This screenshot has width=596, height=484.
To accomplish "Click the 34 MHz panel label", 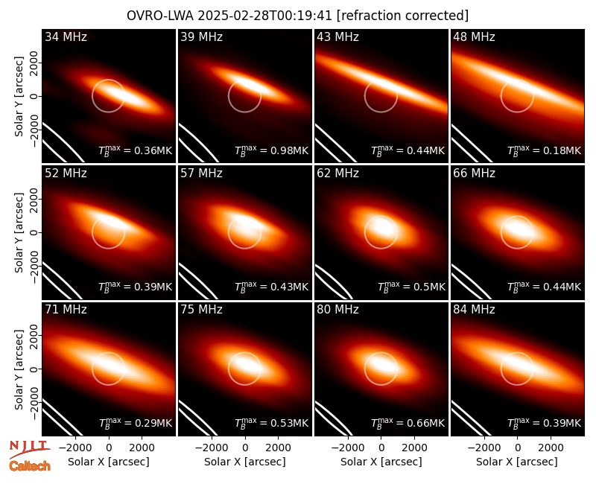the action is pyautogui.click(x=66, y=36).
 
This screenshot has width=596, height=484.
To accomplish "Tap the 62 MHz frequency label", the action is pyautogui.click(x=337, y=173).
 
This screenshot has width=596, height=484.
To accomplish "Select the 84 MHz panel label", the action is pyautogui.click(x=474, y=310).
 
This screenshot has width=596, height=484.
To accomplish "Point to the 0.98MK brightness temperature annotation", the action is pyautogui.click(x=271, y=150).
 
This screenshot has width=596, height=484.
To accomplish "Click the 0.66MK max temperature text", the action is pyautogui.click(x=408, y=423).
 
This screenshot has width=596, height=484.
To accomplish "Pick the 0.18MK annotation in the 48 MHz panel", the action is pyautogui.click(x=545, y=150).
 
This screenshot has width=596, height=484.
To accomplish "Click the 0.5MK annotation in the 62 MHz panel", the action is pyautogui.click(x=411, y=287).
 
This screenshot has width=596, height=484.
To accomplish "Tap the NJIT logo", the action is pyautogui.click(x=30, y=449).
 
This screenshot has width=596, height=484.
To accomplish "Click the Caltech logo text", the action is pyautogui.click(x=30, y=466).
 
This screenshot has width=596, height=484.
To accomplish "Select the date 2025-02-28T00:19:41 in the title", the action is pyautogui.click(x=265, y=16).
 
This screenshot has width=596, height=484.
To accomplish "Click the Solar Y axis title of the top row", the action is pyautogui.click(x=19, y=97).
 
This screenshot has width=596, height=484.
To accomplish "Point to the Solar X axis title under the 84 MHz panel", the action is pyautogui.click(x=517, y=462).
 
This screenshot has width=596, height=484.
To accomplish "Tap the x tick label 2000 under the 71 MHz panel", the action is pyautogui.click(x=142, y=448).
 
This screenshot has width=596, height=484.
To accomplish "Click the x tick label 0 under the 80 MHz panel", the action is pyautogui.click(x=381, y=448).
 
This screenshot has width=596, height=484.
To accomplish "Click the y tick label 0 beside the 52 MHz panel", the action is pyautogui.click(x=34, y=232).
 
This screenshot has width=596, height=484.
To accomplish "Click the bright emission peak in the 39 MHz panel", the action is pyautogui.click(x=248, y=83).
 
